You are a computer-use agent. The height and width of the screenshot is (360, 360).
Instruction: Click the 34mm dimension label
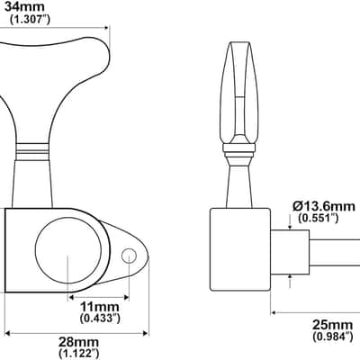coord(24,6)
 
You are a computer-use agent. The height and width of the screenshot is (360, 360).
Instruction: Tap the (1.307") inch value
coord(30,20)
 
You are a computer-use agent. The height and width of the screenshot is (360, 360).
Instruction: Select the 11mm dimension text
coord(100,307)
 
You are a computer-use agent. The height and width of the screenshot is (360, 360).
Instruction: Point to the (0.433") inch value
coord(101,318)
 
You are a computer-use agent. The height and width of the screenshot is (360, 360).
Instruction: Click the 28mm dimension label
coord(78,342)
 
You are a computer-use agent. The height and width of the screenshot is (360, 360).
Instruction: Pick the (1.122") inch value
coord(78,353)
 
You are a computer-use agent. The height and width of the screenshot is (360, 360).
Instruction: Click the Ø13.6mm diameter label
coord(324,206)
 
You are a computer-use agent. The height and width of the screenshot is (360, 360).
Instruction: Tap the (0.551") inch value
coord(319,218)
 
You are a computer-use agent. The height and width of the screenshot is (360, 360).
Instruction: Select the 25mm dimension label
coord(332,325)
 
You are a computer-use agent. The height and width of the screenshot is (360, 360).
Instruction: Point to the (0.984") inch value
coord(333,336)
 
